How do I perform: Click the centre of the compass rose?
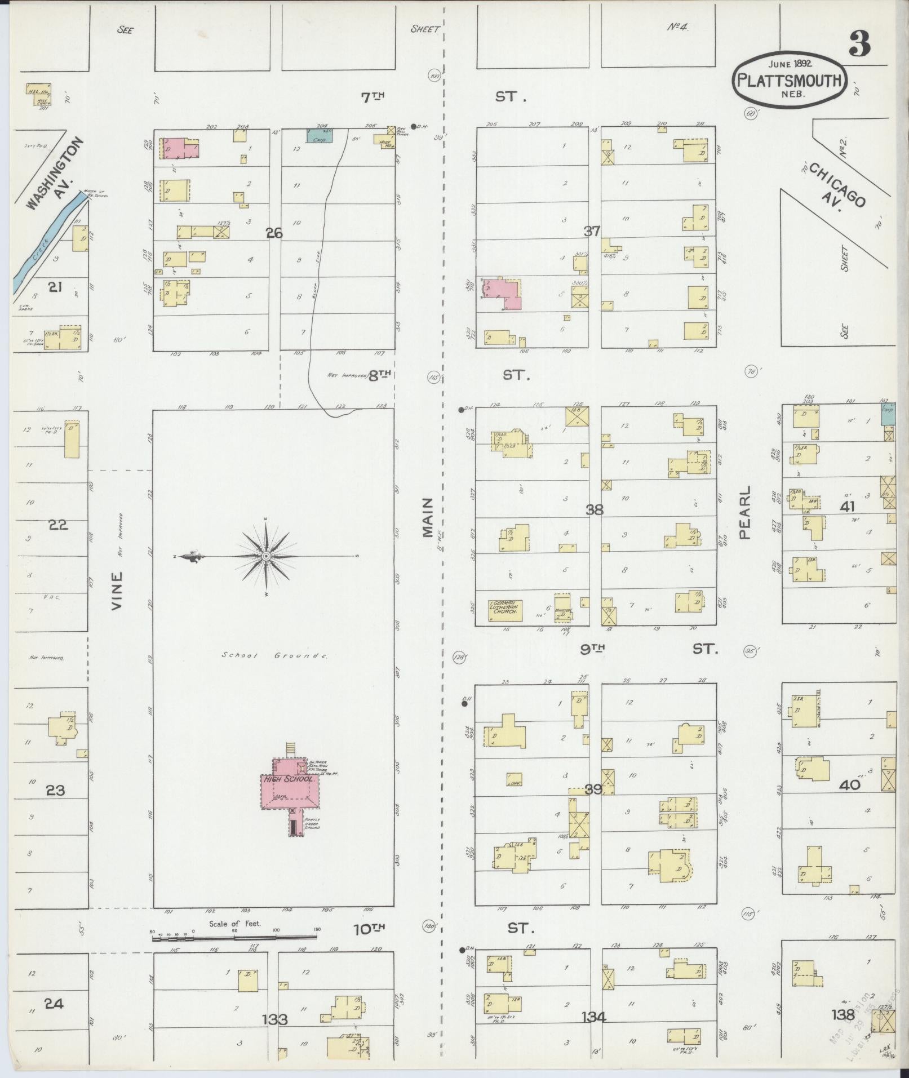click(x=265, y=556)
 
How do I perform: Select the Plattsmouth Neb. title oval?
click(x=790, y=82)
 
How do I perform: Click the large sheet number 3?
click(x=859, y=43)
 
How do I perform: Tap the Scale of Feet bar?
click(x=234, y=938)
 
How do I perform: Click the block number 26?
click(x=274, y=233)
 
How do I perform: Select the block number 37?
click(x=592, y=230)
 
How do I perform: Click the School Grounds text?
click(x=274, y=655)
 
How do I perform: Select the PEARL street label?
click(x=746, y=513)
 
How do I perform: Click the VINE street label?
click(x=117, y=591)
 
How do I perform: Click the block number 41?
click(x=847, y=507)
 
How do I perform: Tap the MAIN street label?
click(x=427, y=517)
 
